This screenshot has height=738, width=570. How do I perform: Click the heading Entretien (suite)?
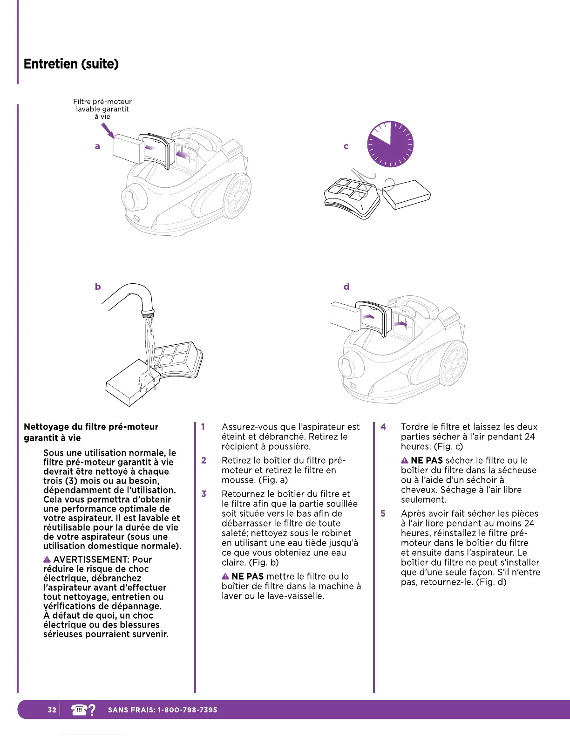(71, 64)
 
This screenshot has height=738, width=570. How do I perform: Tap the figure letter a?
(97, 146)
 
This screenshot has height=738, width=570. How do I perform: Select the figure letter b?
(98, 287)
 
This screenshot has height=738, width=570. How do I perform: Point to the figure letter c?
(346, 146)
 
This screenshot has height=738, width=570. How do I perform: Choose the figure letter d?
(346, 287)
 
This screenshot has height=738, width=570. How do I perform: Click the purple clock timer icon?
(390, 144)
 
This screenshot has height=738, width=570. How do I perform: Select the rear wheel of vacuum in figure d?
(453, 363)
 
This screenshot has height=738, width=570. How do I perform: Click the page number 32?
(52, 710)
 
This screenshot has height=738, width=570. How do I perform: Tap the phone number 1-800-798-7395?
(188, 710)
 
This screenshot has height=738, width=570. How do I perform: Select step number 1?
(203, 427)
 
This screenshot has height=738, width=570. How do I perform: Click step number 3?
(204, 494)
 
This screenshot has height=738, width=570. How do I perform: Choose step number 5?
(383, 513)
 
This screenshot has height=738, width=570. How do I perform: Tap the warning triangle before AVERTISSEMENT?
(47, 560)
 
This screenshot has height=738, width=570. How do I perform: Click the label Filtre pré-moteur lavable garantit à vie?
(102, 109)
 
